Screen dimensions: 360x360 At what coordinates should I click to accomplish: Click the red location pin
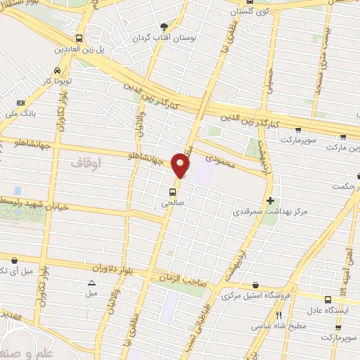pos(181,165)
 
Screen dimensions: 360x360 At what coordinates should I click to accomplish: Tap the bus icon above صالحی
pos(172,191)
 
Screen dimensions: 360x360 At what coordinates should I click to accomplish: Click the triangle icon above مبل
pos(91,283)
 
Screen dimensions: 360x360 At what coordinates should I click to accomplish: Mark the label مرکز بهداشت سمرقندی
pos(271,210)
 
